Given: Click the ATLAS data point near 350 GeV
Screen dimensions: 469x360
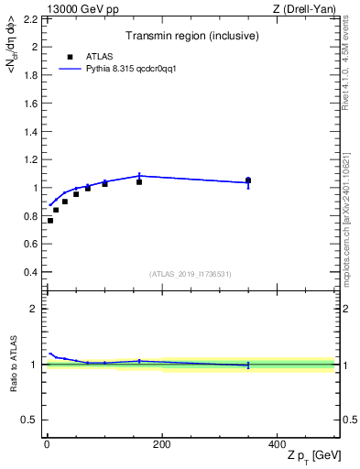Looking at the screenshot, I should tap(247, 180).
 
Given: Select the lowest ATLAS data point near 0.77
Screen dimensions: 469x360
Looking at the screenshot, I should tap(50, 220).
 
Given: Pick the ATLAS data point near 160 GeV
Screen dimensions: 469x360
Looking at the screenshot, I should tap(139, 182).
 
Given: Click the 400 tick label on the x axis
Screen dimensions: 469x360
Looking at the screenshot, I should tap(277, 443).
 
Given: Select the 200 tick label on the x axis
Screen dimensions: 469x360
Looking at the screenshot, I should tap(161, 443).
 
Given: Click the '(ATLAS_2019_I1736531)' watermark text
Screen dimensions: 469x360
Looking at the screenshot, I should tap(191, 274).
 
